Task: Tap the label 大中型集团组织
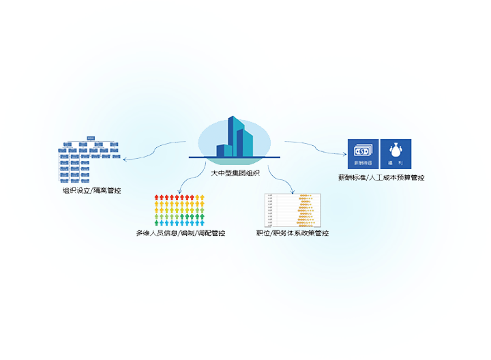[x=235, y=172]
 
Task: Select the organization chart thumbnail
[x=88, y=162]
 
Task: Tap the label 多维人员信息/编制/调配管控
[x=180, y=233]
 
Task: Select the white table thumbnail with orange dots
[x=293, y=210]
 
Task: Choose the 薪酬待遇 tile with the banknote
[x=363, y=154]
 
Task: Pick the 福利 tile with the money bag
[x=396, y=154]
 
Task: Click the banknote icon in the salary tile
[x=363, y=149]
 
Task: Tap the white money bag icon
[x=396, y=149]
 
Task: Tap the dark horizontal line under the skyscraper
[x=235, y=159]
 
